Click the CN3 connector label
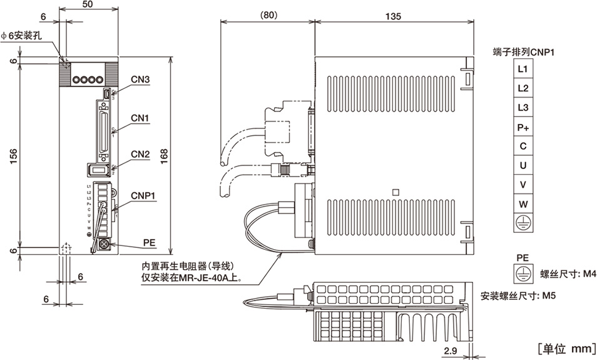point(140,80)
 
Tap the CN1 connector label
point(140,118)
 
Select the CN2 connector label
point(140,154)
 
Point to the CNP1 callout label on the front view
point(143,195)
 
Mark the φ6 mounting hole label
point(25,35)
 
